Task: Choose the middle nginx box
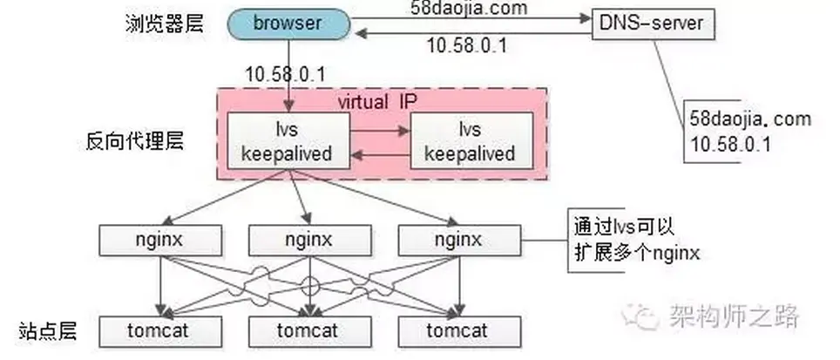coord(307,239)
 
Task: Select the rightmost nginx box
coord(454,239)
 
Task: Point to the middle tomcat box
coord(307,331)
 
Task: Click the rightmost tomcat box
coord(454,331)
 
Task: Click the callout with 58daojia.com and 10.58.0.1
coord(749,131)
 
